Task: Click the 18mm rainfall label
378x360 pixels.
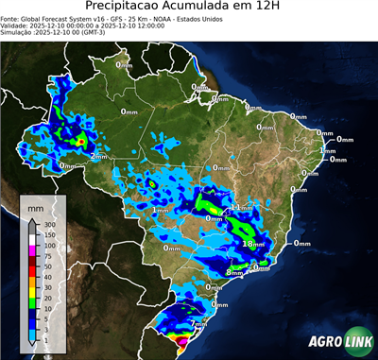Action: pyautogui.click(x=252, y=243)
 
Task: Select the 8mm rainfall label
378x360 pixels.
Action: pyautogui.click(x=233, y=273)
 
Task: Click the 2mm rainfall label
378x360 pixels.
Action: pyautogui.click(x=98, y=157)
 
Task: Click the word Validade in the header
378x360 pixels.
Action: pyautogui.click(x=15, y=26)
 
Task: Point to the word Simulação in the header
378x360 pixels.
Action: pyautogui.click(x=18, y=33)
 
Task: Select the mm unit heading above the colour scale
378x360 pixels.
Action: pyautogui.click(x=35, y=207)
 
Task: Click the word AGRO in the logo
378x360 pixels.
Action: pyautogui.click(x=322, y=342)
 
